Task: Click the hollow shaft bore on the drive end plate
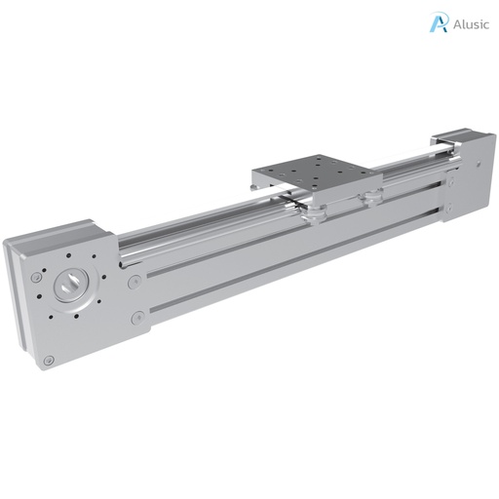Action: pos(73,286)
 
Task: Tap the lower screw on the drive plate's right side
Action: pos(138,318)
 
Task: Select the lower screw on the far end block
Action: pos(449,207)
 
